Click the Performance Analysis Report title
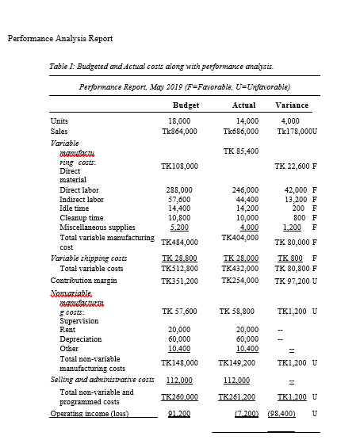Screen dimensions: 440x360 click(59, 38)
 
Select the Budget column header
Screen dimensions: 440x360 click(185, 105)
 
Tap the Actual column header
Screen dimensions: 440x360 click(243, 105)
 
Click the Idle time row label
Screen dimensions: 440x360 click(76, 209)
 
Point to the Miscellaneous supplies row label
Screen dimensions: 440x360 click(99, 227)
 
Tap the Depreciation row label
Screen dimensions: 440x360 click(80, 339)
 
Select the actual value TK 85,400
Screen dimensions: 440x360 click(241, 151)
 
